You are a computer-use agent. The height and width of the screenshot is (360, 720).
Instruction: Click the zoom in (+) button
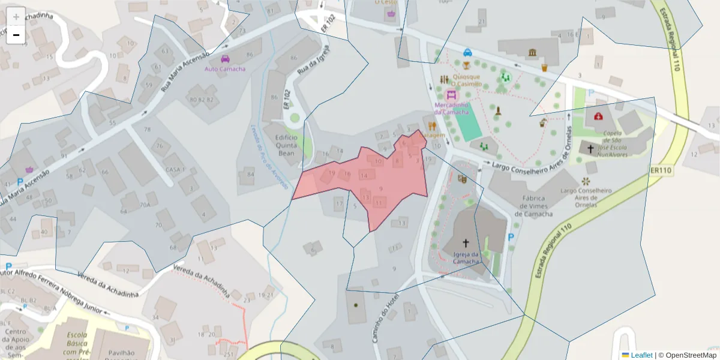[x=16, y=17]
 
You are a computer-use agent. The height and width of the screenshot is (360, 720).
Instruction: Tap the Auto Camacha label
[x=225, y=69]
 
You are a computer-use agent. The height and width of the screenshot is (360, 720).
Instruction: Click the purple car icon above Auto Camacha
[x=225, y=59]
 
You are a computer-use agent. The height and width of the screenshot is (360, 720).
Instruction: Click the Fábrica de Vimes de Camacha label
[x=533, y=206]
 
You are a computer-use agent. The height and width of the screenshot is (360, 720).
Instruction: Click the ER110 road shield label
[x=661, y=171]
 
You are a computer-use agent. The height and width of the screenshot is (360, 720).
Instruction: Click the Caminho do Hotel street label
[x=385, y=318]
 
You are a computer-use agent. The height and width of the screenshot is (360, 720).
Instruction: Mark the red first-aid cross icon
[x=598, y=116]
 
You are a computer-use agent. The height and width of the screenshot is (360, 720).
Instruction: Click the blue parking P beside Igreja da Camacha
[x=511, y=238]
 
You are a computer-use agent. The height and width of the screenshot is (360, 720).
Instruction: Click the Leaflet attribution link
[x=641, y=355]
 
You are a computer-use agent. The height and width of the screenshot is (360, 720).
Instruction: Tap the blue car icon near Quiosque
[x=467, y=52]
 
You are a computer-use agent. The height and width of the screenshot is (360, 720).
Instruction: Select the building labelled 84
[x=250, y=175]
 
